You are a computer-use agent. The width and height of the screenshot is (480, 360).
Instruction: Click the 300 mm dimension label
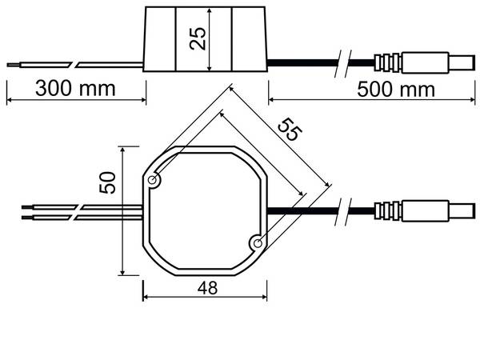click(75, 87)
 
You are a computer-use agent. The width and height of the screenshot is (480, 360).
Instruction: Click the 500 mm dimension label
click(395, 88)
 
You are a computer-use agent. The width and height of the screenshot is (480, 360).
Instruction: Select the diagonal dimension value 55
click(290, 129)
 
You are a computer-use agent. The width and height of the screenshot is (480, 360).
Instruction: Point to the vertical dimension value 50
click(108, 182)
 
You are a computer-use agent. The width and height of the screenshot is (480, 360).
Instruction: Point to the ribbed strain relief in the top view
click(387, 211)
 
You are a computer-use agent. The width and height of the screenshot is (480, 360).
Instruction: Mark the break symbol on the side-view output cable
click(340, 62)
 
